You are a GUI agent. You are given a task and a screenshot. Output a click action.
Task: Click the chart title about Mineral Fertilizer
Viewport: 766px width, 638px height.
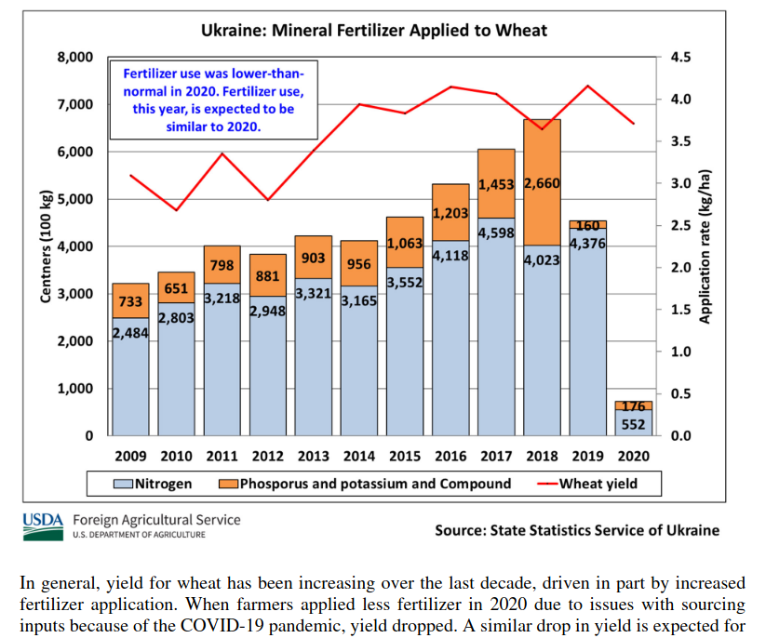coord(374,31)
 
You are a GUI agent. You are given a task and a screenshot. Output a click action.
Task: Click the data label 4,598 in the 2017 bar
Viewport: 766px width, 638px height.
coord(496,233)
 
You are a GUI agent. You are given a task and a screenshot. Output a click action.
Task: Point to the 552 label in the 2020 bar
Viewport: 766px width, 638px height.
coord(633,424)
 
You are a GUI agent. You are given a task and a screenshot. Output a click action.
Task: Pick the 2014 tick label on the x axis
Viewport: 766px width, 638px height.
coord(359,457)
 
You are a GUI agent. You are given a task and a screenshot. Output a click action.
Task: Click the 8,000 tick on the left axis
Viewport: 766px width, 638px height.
coord(75,57)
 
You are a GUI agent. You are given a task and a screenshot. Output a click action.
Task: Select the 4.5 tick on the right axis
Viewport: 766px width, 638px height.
coord(681,57)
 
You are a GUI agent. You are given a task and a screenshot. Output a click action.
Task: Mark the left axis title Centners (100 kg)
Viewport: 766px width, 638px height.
coord(45,245)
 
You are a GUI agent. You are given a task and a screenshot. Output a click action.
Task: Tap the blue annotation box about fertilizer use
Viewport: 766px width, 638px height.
coord(213,100)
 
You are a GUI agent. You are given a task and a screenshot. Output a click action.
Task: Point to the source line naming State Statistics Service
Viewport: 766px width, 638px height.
coord(577,530)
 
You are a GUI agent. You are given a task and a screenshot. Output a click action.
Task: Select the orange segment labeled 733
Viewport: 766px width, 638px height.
coord(130,301)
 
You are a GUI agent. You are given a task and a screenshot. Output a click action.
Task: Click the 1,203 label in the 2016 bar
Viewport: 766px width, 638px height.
coord(450,213)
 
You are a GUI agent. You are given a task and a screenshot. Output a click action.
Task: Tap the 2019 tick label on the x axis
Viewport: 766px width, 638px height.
coord(587,457)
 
